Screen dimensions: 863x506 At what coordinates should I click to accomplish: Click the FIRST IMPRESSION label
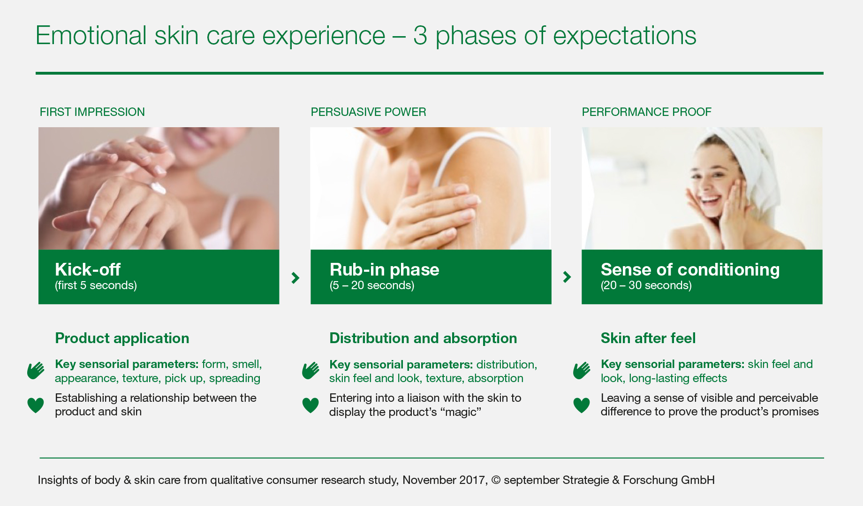(92, 112)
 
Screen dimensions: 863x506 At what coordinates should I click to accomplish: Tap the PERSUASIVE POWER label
(368, 112)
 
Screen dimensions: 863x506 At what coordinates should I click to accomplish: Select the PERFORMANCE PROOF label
(646, 112)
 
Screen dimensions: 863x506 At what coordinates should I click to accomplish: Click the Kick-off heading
(88, 269)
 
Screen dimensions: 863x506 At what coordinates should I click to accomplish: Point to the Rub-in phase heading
(384, 270)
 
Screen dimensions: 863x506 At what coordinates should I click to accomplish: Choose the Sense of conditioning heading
(690, 270)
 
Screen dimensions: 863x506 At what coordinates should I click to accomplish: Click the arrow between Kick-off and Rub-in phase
(295, 277)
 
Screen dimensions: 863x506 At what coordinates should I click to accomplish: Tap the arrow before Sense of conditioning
(567, 277)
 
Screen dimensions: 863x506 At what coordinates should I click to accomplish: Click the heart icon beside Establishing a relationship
(36, 405)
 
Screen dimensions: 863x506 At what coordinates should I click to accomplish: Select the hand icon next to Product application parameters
(36, 370)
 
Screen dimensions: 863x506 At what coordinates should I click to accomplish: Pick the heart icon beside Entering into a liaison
(310, 405)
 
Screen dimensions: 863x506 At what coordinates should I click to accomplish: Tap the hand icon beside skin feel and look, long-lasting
(582, 370)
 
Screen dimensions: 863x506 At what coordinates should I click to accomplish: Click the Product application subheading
(122, 338)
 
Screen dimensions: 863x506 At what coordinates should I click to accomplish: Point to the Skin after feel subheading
(648, 338)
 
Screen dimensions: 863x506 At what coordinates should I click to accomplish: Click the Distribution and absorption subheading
(423, 338)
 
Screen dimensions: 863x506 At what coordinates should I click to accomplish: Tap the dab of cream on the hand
(159, 188)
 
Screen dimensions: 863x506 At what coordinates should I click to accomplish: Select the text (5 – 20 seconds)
(372, 285)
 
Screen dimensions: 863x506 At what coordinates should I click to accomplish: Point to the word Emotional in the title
(91, 36)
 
